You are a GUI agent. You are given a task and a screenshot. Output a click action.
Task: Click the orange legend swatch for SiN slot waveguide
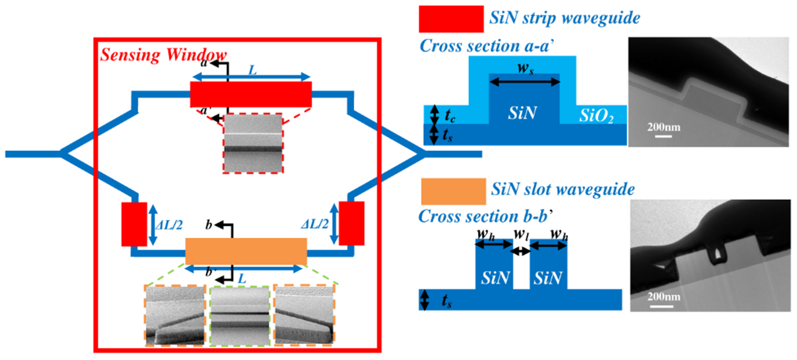pos(453,191)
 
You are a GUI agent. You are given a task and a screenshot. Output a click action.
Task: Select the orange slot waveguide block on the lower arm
pos(246,251)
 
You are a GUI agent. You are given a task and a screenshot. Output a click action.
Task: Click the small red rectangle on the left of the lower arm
pos(134,224)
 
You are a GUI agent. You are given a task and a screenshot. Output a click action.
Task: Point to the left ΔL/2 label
pos(169,225)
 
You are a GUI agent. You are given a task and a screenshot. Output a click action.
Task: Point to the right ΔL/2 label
pos(315,224)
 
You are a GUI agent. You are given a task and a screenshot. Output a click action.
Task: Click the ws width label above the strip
pos(525,69)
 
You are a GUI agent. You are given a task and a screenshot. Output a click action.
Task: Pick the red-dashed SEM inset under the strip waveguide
pos(253,143)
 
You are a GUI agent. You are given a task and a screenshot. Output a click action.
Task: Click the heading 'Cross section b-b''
pos(485,216)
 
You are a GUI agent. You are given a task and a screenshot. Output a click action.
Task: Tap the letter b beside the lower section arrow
pos(209,225)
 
